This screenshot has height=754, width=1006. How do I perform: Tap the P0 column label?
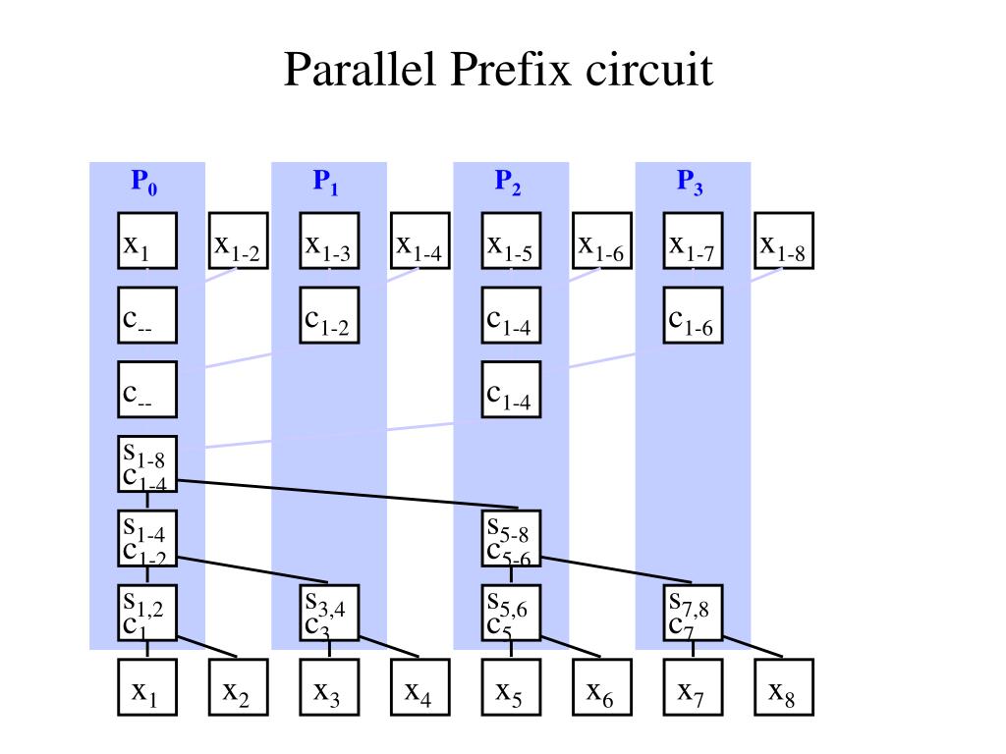coord(144,182)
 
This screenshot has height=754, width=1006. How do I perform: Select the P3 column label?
coord(690,182)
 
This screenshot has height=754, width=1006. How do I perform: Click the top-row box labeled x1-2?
coord(238,242)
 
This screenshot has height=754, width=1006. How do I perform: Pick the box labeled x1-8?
coord(784,242)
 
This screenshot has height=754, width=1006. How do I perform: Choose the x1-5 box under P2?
coord(511,242)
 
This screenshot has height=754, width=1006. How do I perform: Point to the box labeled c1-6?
coord(693,315)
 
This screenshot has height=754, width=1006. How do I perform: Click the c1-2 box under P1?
coord(329,315)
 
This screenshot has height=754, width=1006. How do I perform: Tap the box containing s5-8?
coord(511,539)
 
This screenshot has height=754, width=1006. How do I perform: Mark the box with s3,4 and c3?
coord(329,614)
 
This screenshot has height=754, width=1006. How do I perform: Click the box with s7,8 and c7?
coord(693,614)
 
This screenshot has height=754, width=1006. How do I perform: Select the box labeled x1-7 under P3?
coord(693,242)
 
